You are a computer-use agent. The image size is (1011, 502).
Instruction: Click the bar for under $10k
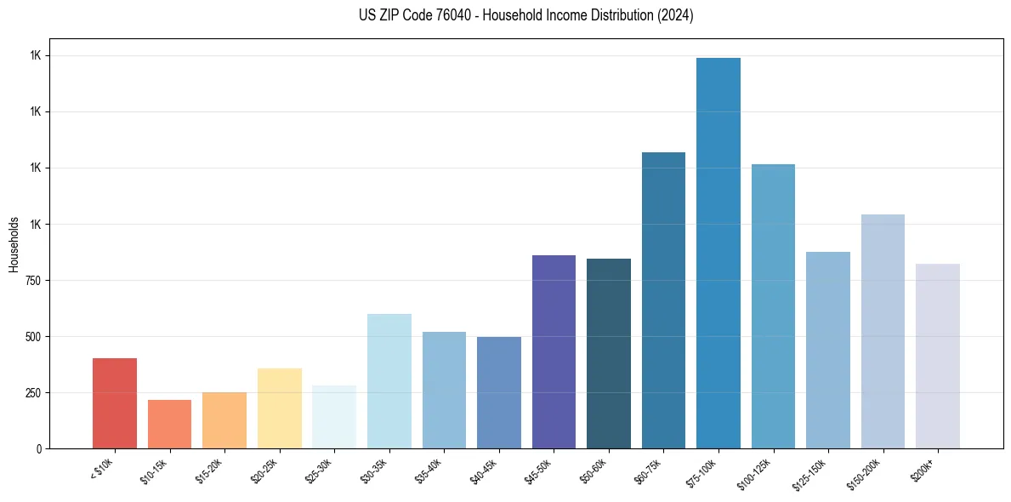[115, 403]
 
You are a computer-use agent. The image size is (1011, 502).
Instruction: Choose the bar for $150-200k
[883, 331]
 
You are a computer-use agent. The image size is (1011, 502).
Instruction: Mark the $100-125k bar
[773, 306]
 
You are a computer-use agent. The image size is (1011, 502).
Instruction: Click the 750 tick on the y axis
[34, 281]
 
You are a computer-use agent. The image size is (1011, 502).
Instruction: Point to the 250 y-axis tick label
[34, 393]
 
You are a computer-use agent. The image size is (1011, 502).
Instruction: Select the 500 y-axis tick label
[34, 337]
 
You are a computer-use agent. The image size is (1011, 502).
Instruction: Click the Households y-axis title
[14, 244]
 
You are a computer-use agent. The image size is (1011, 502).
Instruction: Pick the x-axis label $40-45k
[484, 469]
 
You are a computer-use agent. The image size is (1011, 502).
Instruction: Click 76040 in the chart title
[467, 15]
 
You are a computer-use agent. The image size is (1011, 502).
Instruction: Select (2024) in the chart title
[675, 15]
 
